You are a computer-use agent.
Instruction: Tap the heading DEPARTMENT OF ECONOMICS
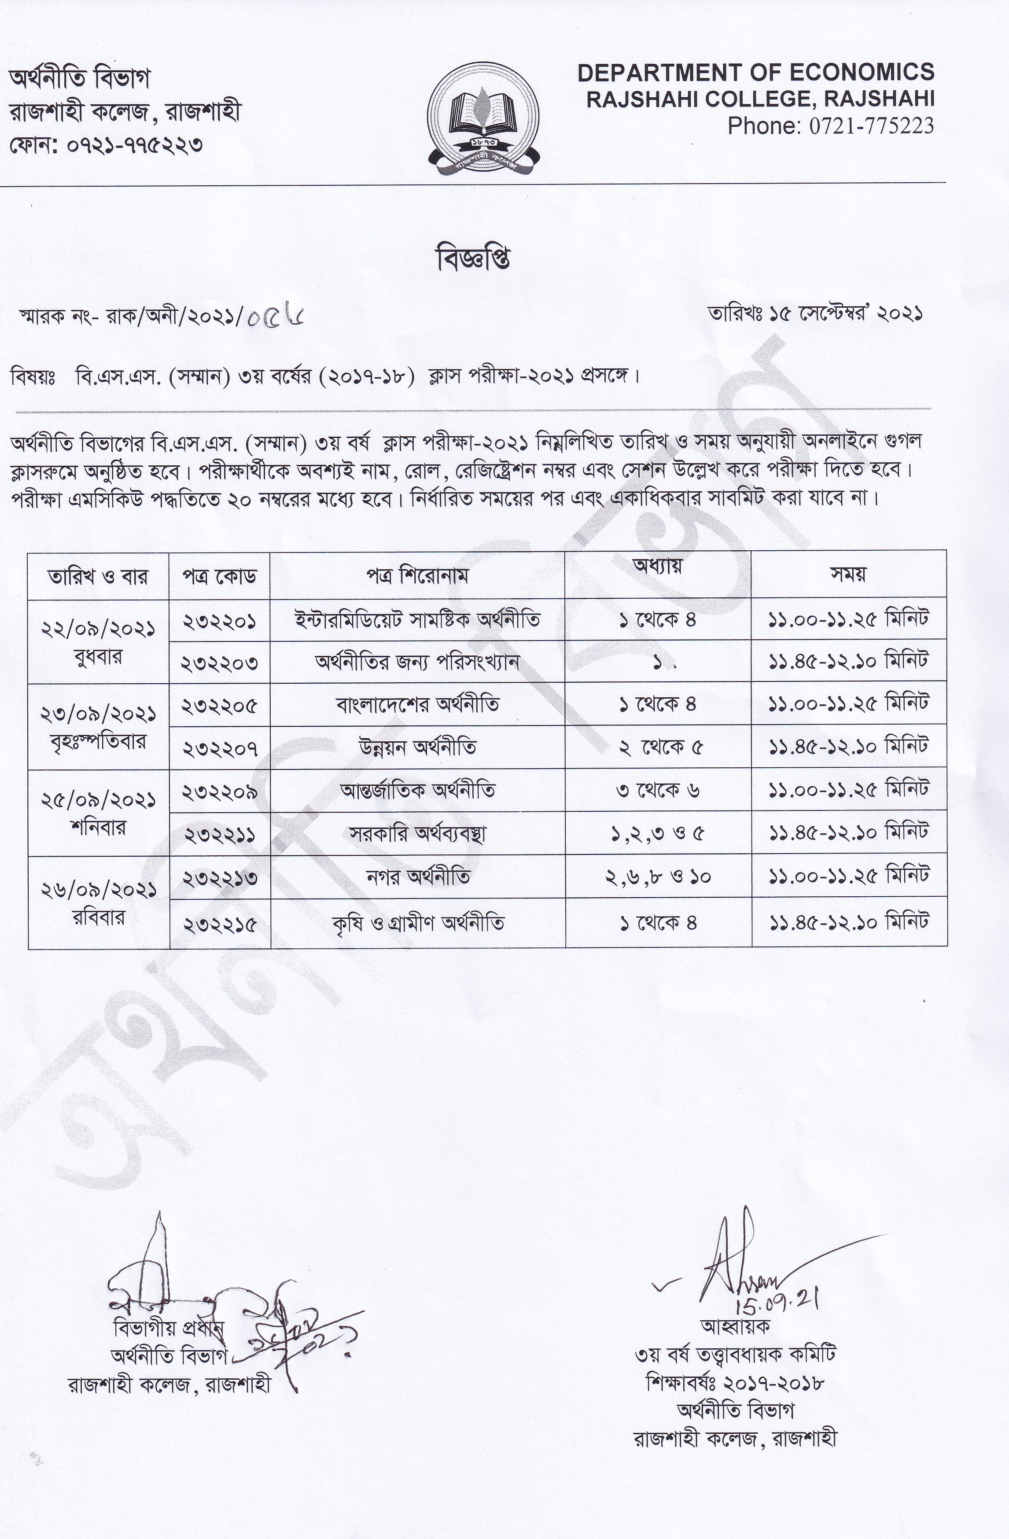tap(755, 73)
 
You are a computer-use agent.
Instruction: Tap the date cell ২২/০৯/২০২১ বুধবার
tap(98, 641)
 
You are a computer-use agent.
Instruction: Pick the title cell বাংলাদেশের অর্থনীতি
tap(417, 704)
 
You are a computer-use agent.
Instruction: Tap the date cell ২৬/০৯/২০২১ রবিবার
tap(98, 902)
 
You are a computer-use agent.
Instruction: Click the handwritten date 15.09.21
tap(775, 1295)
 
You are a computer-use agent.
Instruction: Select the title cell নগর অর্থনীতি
tap(417, 877)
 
